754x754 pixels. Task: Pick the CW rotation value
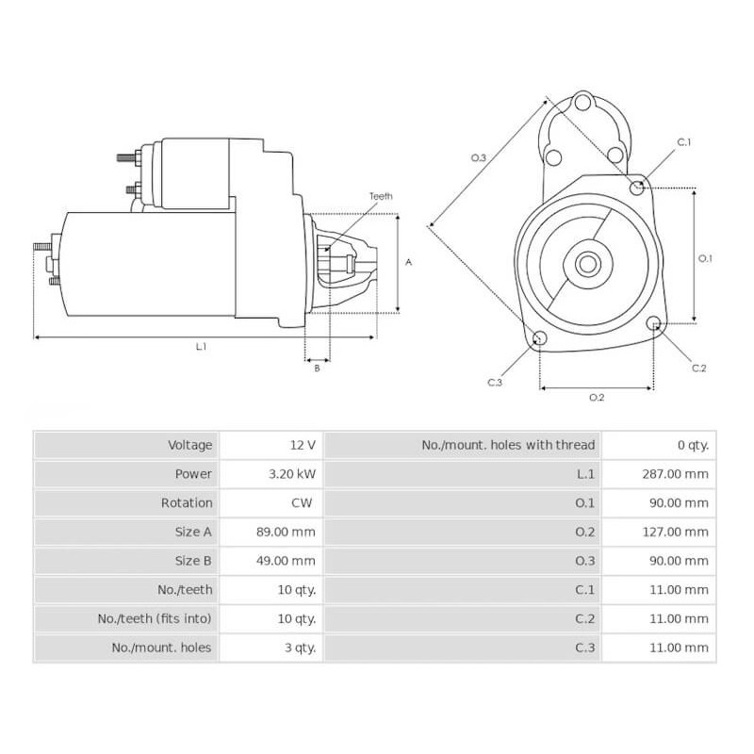[303, 503]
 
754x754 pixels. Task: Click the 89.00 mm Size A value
[285, 533]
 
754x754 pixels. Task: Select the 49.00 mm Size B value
[285, 561]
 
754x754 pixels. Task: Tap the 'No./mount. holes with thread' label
[507, 445]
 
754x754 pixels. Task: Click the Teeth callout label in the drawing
[382, 196]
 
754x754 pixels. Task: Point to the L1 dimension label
[201, 347]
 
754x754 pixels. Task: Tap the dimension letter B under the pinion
[317, 369]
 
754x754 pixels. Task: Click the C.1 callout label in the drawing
[684, 142]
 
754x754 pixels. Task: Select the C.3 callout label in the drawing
[495, 382]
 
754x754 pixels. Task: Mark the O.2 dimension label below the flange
[596, 398]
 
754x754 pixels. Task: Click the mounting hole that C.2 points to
[654, 324]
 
